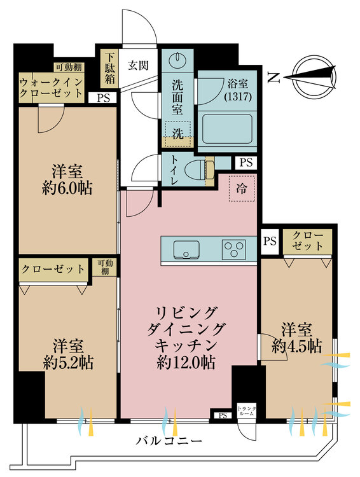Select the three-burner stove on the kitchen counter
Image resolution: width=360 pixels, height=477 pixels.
(x=234, y=248)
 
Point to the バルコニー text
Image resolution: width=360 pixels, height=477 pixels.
(x=169, y=441)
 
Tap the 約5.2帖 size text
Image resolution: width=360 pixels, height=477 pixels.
(x=69, y=363)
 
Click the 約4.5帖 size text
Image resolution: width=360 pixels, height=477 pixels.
(x=296, y=347)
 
